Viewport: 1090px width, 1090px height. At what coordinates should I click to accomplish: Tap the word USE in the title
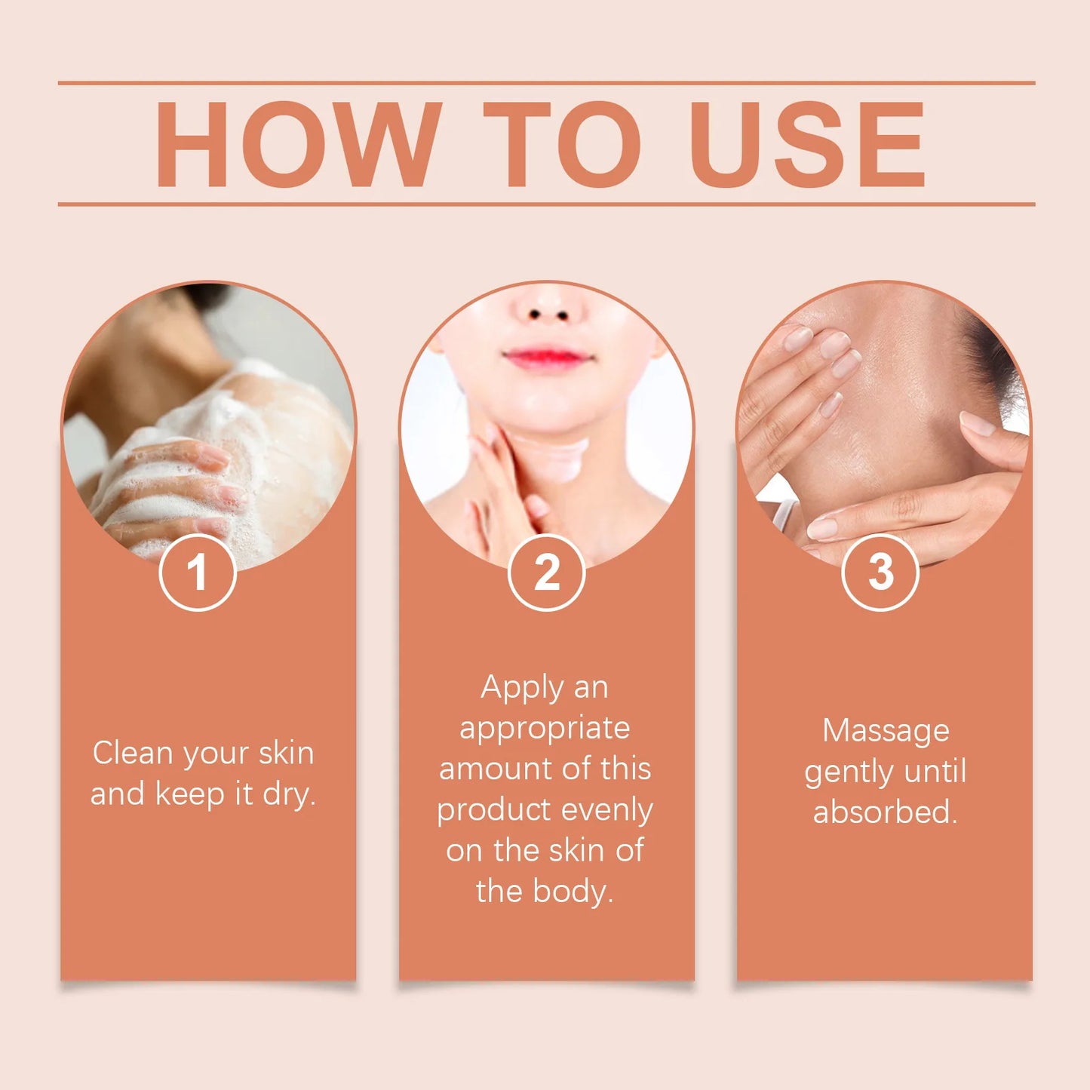point(806,144)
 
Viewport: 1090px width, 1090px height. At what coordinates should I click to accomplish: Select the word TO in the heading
point(562,144)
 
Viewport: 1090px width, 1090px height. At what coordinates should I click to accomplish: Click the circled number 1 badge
point(198,573)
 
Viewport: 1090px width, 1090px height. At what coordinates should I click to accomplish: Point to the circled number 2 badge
point(546,573)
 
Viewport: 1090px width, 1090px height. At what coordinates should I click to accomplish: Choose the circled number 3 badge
point(880,573)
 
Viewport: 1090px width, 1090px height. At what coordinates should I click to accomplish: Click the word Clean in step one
point(133,753)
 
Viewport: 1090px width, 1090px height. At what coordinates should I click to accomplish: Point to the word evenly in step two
point(607,810)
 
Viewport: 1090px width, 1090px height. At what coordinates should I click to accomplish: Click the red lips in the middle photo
point(546,358)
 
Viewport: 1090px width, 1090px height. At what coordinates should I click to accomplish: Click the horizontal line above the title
point(546,83)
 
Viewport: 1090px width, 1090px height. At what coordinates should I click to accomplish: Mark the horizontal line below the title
point(546,204)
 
